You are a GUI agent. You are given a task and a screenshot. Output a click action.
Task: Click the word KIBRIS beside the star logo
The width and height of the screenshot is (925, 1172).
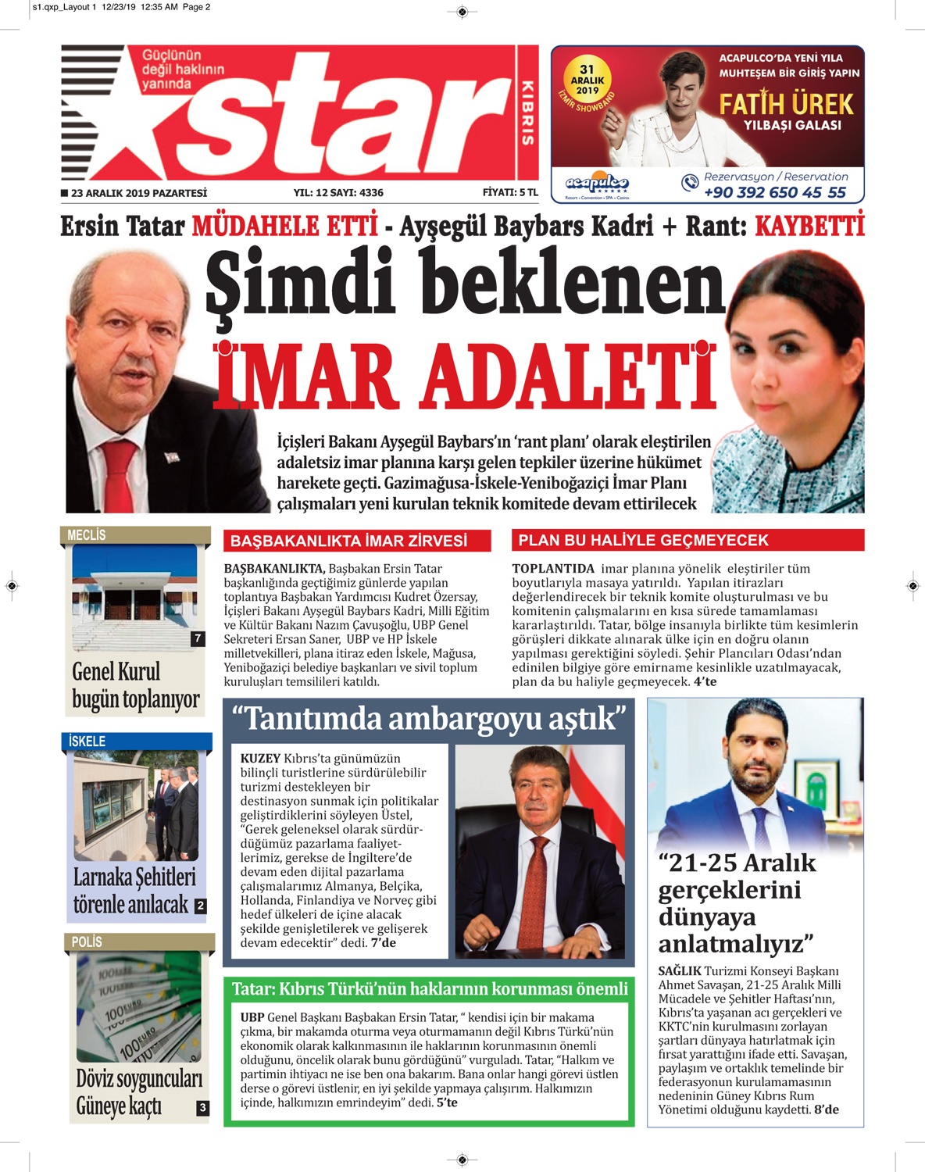[527, 113]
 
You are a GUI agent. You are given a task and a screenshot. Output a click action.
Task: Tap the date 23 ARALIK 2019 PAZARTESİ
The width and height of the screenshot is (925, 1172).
[139, 193]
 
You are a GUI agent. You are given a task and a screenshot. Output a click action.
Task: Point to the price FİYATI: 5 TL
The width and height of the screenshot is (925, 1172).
[510, 192]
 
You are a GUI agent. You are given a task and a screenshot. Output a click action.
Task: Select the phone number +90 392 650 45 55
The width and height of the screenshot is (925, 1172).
[774, 193]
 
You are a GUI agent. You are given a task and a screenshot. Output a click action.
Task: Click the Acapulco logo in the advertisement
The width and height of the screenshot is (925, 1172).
[597, 184]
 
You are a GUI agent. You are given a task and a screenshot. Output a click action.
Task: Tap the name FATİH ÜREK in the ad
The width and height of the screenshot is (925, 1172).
[786, 105]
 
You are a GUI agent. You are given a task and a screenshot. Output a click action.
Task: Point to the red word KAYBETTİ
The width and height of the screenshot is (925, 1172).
[809, 227]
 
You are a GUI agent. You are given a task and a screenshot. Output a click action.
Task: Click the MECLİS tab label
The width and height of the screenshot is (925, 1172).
[87, 535]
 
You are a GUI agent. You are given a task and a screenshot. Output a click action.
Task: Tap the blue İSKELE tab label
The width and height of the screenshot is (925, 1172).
[87, 741]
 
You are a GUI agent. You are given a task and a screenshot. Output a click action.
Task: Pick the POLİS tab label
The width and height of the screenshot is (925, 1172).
[87, 942]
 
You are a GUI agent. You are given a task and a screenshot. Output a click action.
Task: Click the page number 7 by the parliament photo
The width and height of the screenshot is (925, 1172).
[198, 638]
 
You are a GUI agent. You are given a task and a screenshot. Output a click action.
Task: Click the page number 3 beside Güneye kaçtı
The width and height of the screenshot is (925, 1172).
[202, 1107]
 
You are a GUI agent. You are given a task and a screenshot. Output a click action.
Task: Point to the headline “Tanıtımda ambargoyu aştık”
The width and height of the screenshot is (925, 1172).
[429, 719]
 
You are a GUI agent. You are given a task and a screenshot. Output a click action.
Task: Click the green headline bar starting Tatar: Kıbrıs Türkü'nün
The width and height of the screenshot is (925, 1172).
[430, 989]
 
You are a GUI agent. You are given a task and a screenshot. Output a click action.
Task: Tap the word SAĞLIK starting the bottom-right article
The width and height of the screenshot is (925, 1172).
[679, 971]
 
